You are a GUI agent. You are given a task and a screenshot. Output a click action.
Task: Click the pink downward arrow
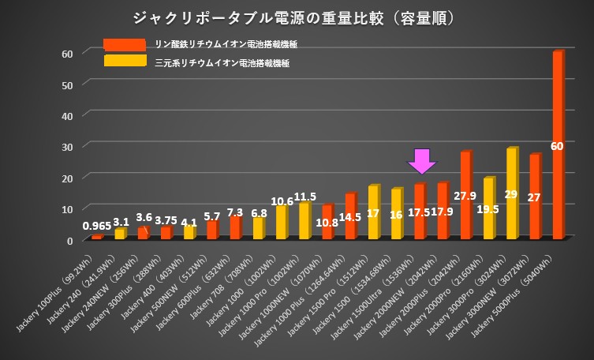[x=422, y=160]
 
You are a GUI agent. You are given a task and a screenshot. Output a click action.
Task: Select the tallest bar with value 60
[x=558, y=146]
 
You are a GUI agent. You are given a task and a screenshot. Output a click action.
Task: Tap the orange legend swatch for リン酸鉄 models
[x=124, y=44]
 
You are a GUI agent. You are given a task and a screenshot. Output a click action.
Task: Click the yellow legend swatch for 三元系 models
[x=124, y=60]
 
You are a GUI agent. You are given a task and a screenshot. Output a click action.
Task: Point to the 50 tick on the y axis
[x=67, y=84]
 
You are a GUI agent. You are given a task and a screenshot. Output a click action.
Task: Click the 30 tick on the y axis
[x=67, y=146]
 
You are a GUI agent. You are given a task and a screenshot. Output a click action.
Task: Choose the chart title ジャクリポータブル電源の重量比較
[x=297, y=16]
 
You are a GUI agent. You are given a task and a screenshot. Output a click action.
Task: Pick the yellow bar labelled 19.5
[x=488, y=208]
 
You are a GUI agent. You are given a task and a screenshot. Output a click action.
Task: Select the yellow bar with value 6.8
[x=258, y=228]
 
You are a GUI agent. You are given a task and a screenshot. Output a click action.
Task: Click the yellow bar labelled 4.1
[x=189, y=232]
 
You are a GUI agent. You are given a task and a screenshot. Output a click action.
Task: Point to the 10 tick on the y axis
[x=67, y=208]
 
